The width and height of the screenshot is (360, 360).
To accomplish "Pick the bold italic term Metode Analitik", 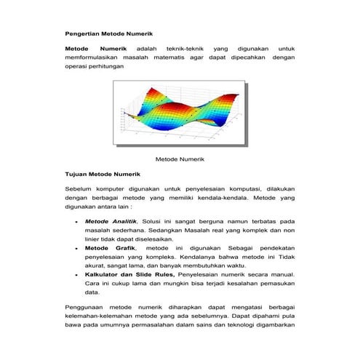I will point(108,220).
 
